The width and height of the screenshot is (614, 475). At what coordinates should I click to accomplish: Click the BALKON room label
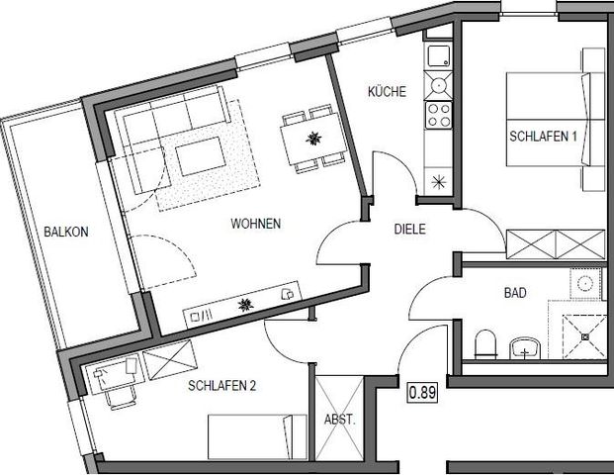pyautogui.click(x=66, y=233)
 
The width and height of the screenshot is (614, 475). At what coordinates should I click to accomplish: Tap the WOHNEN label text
pyautogui.click(x=256, y=225)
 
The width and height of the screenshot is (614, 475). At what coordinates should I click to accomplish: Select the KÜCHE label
pyautogui.click(x=387, y=92)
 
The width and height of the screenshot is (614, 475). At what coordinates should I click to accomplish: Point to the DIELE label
pyautogui.click(x=408, y=229)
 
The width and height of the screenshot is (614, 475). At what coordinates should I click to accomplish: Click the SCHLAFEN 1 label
pyautogui.click(x=543, y=137)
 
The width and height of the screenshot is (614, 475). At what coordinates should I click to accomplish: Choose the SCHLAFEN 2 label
pyautogui.click(x=221, y=386)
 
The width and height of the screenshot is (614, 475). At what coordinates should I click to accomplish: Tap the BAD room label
pyautogui.click(x=513, y=293)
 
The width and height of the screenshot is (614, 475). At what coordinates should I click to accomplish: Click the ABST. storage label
pyautogui.click(x=338, y=419)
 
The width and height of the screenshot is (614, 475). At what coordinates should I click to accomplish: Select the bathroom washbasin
pyautogui.click(x=523, y=347)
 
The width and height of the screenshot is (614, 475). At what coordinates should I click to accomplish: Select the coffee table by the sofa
pyautogui.click(x=203, y=155)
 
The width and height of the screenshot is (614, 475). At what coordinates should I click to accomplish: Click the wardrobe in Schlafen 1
pyautogui.click(x=555, y=243)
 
